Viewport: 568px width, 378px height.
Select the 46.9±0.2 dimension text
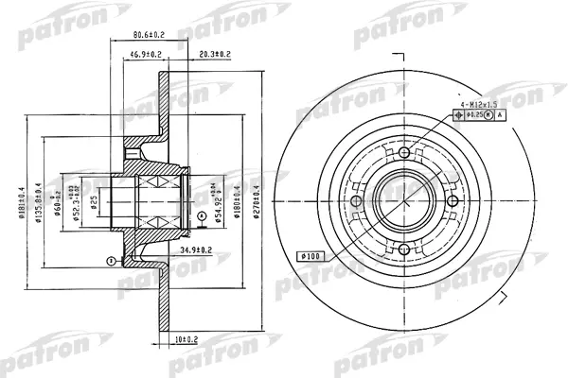pos(147,56)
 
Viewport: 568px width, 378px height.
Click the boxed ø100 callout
pos(311,256)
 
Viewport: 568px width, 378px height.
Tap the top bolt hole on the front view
pos(405,153)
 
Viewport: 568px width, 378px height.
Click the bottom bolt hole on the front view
pos(405,249)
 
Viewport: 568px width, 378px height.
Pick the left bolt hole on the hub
pos(357,201)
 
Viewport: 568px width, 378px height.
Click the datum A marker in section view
pos(202,215)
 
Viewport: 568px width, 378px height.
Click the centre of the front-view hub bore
pos(405,201)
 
